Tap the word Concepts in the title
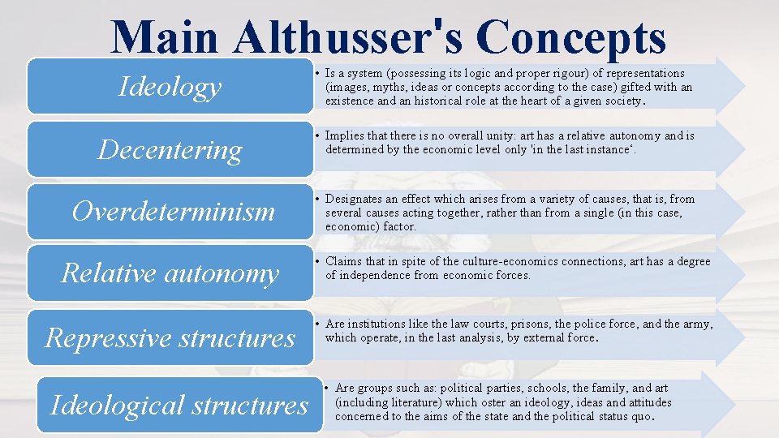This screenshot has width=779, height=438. [x=571, y=37]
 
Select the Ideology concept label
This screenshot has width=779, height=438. [x=170, y=86]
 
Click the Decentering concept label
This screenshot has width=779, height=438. [x=170, y=149]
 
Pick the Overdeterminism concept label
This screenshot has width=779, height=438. [x=173, y=212]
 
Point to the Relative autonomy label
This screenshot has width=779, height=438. [x=170, y=273]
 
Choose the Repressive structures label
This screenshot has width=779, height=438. [x=170, y=337]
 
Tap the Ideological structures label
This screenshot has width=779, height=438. [x=179, y=404]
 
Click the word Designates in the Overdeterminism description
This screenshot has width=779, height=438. [x=354, y=199]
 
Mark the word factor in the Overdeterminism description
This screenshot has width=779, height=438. [x=401, y=226]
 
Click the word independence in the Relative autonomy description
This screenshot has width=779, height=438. [x=376, y=275]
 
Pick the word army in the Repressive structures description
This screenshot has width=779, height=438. [x=697, y=324]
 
